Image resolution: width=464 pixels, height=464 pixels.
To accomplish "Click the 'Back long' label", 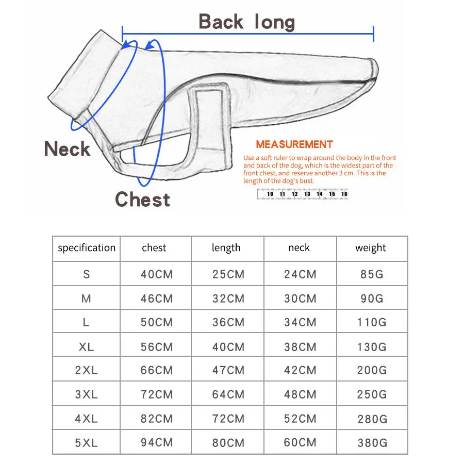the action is pos(246,22).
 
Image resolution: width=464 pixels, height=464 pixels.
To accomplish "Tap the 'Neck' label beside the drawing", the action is pos(67,150).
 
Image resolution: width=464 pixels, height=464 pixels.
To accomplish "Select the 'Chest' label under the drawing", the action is pos(142,199).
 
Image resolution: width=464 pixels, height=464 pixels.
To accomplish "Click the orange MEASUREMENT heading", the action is pos(294,144).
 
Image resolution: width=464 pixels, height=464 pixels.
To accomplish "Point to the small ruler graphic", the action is pos(302,194).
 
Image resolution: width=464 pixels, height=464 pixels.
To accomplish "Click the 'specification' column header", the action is pos(87,248).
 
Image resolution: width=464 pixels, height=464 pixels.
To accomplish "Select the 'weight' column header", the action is pos(371,248).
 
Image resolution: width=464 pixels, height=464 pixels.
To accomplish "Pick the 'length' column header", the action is pos(226,248).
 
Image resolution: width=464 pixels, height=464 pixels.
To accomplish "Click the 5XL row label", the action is pos(86,443).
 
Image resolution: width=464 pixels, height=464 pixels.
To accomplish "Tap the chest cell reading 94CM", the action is pos(157,443).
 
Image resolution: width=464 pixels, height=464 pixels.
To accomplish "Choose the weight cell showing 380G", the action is pos(372,443).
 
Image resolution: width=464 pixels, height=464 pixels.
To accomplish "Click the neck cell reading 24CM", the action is pos(300,274).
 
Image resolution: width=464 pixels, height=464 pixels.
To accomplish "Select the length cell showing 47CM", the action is pos(228,370).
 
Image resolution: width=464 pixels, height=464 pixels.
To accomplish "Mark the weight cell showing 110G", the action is pos(372,323).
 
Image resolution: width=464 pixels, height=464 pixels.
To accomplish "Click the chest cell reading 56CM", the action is pos(157,347).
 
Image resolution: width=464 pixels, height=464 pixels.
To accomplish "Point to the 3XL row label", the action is pos(86,395).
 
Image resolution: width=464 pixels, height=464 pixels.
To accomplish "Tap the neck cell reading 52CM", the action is pos(300,419).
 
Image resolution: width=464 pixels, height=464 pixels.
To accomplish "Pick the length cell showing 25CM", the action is pos(228,274).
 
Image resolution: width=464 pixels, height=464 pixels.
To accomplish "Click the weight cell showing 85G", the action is pos(372,274).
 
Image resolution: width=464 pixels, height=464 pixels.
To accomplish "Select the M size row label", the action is pos(86,299).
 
